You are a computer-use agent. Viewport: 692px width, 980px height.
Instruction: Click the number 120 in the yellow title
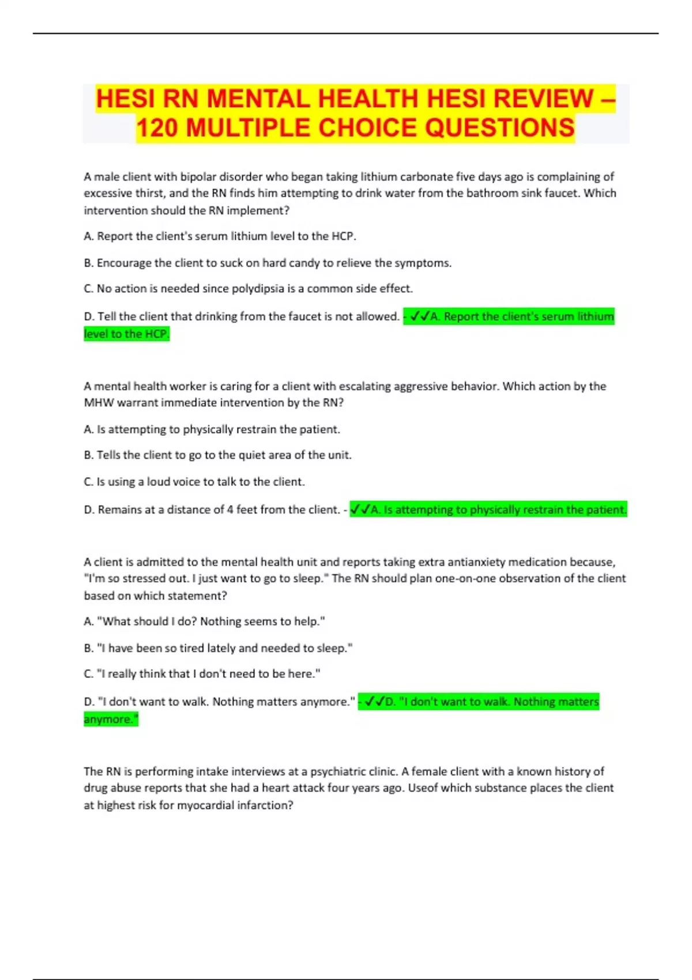[x=158, y=128]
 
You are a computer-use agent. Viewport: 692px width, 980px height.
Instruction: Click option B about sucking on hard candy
[x=268, y=263]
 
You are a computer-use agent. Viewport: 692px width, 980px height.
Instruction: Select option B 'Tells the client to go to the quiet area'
[x=218, y=455]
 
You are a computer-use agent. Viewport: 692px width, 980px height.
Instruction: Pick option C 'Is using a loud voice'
[x=194, y=481]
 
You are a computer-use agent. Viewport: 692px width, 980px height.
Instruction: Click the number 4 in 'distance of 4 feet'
[x=230, y=510]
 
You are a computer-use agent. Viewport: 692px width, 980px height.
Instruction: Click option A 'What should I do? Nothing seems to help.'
[x=205, y=621]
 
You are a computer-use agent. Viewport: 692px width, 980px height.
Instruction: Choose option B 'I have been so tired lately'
[x=219, y=648]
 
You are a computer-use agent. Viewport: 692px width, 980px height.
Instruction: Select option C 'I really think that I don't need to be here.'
[x=202, y=673]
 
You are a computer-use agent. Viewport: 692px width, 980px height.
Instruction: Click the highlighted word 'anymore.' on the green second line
[x=111, y=719]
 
